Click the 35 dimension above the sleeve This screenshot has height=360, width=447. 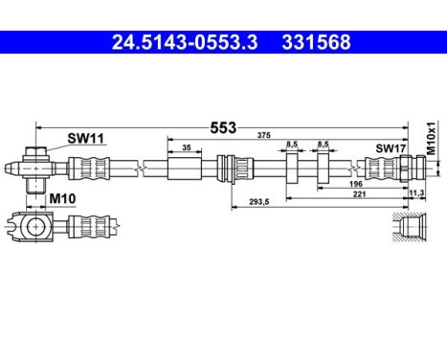pos(186,147)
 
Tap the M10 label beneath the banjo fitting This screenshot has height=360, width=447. pos(62,198)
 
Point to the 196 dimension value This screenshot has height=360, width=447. pos(355,184)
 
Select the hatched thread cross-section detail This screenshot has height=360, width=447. pos(410,230)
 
